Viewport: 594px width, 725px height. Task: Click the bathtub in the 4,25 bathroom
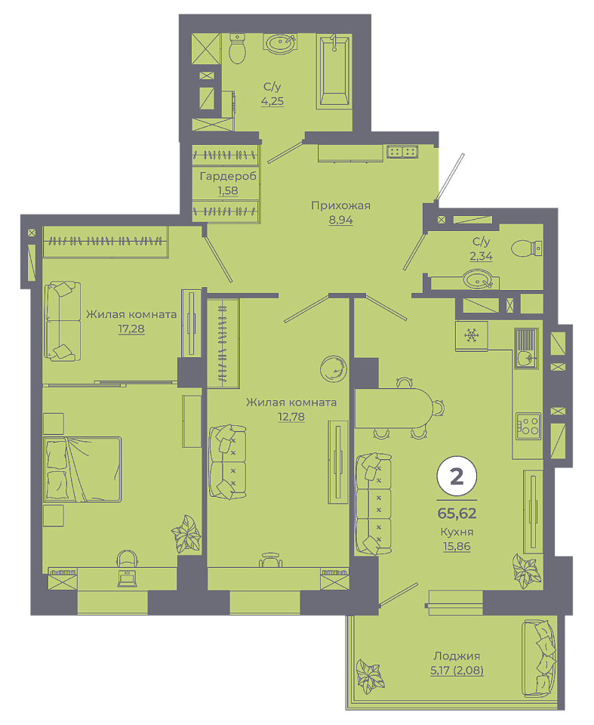tap(334, 71)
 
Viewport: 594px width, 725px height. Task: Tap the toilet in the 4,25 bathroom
tap(237, 48)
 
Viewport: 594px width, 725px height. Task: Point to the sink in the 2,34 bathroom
tap(478, 280)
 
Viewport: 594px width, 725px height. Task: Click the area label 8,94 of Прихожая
tap(340, 220)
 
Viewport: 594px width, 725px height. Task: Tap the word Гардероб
tap(228, 176)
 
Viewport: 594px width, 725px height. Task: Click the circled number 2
tap(457, 476)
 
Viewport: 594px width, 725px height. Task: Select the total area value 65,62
tap(457, 514)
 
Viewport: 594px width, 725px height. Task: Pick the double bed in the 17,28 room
tap(82, 469)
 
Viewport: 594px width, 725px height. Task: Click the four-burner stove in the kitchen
tap(528, 426)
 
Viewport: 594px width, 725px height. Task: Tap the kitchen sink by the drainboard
tap(525, 357)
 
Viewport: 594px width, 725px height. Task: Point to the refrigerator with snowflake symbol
tap(472, 336)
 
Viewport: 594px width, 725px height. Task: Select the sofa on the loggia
tap(539, 658)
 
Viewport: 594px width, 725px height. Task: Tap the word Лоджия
tap(457, 656)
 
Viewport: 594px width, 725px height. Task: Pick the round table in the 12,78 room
tap(334, 369)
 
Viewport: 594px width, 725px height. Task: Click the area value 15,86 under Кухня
tap(457, 546)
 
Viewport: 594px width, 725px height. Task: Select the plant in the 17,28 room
tap(186, 534)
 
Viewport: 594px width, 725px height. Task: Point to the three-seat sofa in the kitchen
tap(374, 504)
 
